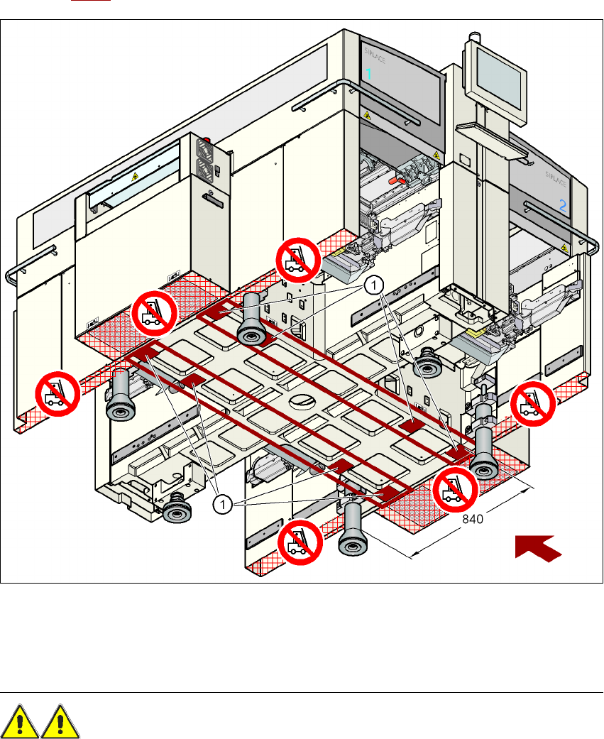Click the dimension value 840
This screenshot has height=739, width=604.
pos(473,520)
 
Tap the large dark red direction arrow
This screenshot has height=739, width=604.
pos(538,549)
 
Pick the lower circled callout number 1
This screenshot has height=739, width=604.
pos(223,504)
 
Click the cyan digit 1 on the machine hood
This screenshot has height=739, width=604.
pos(368,73)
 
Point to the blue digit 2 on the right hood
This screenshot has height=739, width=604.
pos(563,206)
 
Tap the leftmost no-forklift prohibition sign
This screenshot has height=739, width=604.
pos(57,395)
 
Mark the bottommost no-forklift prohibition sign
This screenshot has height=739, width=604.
pos(299,543)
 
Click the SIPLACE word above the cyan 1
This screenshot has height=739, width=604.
pos(375,52)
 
